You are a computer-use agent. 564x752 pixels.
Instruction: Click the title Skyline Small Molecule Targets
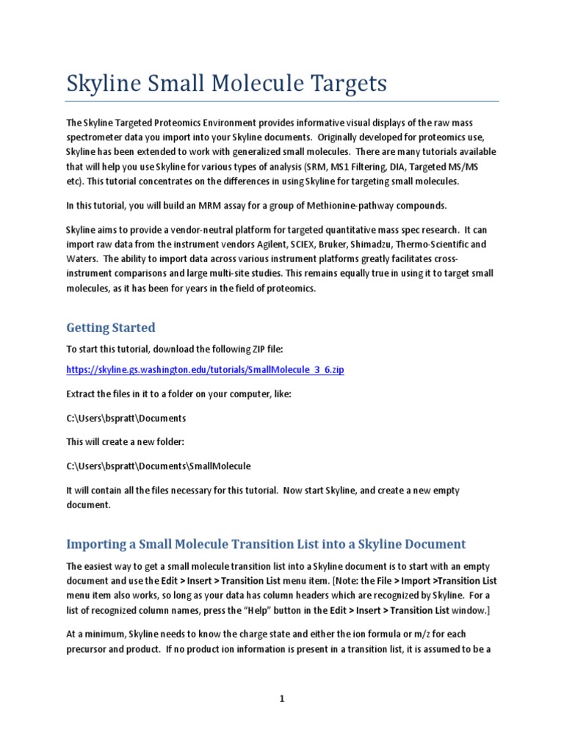[x=226, y=84]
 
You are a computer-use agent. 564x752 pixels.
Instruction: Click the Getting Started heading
[x=111, y=327]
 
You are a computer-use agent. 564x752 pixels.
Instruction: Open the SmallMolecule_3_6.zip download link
[x=205, y=369]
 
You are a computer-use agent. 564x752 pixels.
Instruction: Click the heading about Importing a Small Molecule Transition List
[x=266, y=544]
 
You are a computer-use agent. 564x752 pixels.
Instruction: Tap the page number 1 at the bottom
[x=281, y=699]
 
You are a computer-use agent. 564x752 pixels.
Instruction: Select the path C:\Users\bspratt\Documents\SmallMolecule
[x=159, y=466]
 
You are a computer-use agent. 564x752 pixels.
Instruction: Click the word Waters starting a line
[x=82, y=258]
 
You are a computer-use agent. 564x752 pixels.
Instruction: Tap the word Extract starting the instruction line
[x=82, y=394]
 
